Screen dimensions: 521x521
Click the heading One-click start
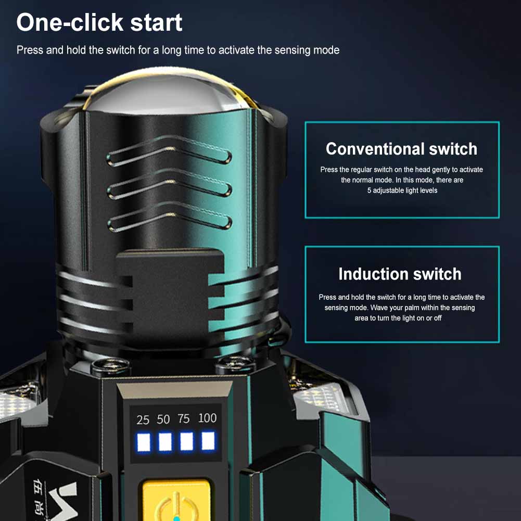tap(99, 22)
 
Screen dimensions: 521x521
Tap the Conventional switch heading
tap(401, 148)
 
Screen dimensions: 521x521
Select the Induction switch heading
tap(400, 274)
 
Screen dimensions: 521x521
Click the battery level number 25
tap(143, 420)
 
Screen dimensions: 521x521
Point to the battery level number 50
tap(163, 420)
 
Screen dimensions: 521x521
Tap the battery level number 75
tap(183, 418)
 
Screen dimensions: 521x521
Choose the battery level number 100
tap(207, 417)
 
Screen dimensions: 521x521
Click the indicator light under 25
tap(144, 442)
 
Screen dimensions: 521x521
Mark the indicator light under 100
tap(208, 441)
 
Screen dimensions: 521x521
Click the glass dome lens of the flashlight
tap(170, 92)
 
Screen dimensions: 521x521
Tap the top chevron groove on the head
tap(169, 151)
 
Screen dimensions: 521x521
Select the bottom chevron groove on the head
tap(169, 217)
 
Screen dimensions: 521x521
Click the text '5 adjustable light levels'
tap(402, 190)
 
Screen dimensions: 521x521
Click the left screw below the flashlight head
tap(111, 366)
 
